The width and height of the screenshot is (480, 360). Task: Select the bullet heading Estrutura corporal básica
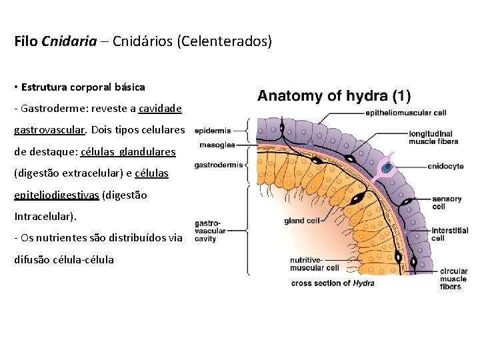[83, 87]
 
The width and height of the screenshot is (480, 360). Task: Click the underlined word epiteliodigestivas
[56, 195]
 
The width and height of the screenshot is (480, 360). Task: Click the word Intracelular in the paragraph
[44, 217]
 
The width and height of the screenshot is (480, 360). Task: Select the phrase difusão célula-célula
[64, 259]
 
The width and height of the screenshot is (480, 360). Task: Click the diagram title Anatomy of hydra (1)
[334, 95]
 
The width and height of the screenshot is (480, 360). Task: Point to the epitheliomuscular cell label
[405, 113]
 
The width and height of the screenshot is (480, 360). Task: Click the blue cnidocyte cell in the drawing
[386, 167]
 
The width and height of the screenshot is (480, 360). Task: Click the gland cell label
[303, 220]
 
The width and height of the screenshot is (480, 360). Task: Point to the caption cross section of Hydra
[333, 283]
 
